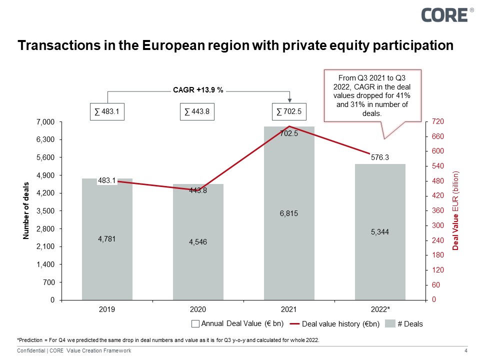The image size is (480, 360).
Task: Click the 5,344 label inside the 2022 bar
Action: tap(380, 232)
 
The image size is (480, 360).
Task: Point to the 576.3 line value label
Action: tap(380, 157)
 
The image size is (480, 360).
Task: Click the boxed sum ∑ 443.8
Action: tap(198, 112)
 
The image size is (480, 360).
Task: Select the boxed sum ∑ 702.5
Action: tap(289, 112)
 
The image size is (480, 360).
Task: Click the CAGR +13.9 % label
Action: tap(198, 90)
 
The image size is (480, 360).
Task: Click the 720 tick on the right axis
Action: tap(436, 122)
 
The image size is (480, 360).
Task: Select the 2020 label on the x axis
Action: tap(198, 310)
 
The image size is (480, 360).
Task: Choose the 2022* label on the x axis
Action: tap(380, 310)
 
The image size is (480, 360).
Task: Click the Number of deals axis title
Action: tap(26, 211)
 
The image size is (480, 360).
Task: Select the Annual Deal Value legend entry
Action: tap(238, 323)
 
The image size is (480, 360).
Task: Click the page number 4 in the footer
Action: tap(466, 351)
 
